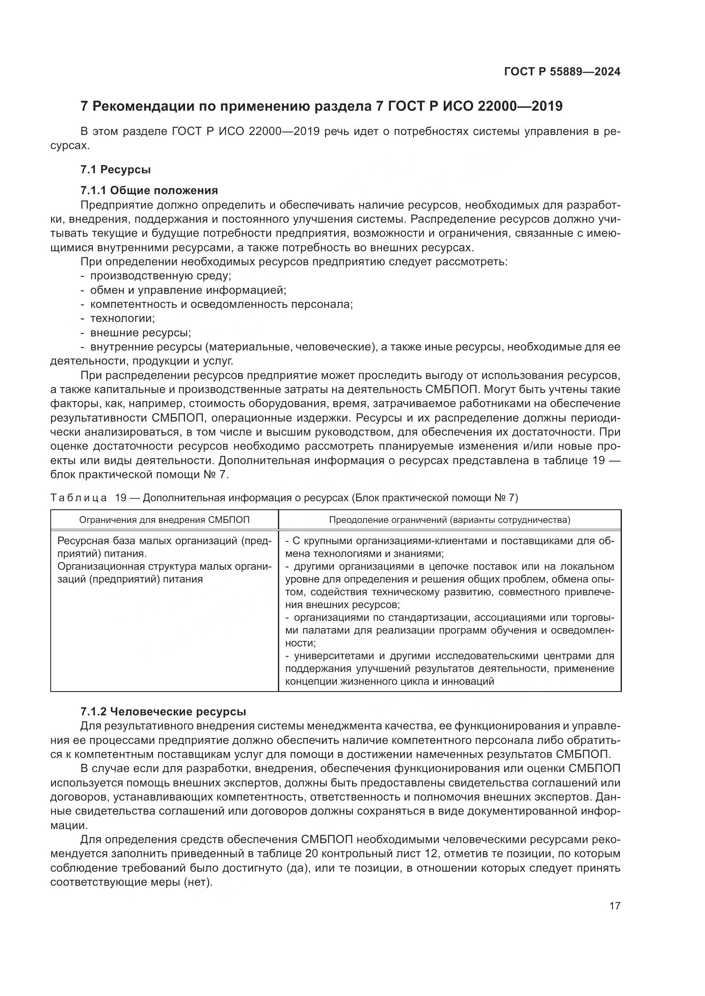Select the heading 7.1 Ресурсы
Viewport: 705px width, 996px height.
coord(116,169)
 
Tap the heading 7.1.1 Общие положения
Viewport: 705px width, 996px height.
coord(149,190)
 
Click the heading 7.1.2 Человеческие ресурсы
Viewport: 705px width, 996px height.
coord(163,712)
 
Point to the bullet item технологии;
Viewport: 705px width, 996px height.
coord(122,319)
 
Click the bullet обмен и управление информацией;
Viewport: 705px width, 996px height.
coord(188,290)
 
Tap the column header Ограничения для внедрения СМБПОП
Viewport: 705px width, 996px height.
coord(164,520)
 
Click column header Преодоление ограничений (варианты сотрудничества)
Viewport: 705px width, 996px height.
coord(450,520)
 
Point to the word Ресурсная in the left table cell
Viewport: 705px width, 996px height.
coord(83,541)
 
